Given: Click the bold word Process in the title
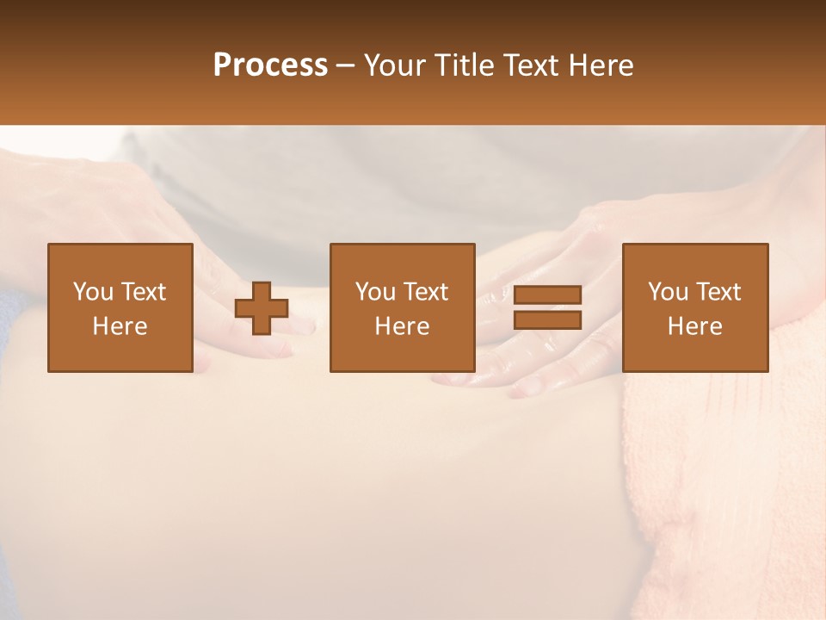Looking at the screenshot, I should [270, 65].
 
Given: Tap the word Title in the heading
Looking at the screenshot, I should [465, 65].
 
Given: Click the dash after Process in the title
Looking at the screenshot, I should [345, 65].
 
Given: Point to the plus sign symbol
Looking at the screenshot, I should [262, 308].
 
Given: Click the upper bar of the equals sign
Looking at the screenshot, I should [547, 294].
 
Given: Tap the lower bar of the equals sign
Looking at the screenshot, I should [547, 319].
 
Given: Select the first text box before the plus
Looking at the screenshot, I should [120, 307].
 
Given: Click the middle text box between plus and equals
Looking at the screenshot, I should [402, 307].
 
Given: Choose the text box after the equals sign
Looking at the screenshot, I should [695, 307].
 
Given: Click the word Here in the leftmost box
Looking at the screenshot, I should [120, 326].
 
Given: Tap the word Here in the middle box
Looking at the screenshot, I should [402, 326].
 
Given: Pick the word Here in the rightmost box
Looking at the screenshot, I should [695, 326].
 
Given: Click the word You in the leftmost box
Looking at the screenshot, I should [93, 292].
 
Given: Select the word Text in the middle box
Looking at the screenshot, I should [426, 292].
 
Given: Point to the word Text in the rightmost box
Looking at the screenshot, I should [718, 292].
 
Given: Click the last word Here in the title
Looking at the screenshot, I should [601, 65].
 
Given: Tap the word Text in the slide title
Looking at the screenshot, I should [535, 65].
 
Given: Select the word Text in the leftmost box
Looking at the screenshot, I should [143, 292].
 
